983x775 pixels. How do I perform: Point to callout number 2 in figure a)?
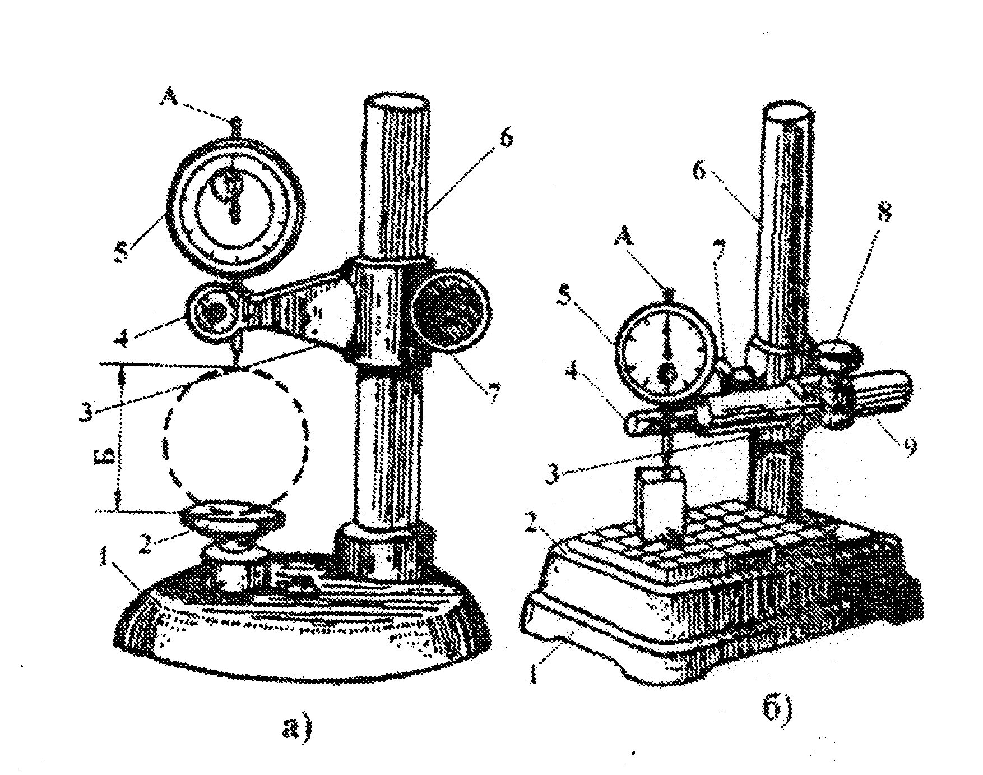145,543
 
